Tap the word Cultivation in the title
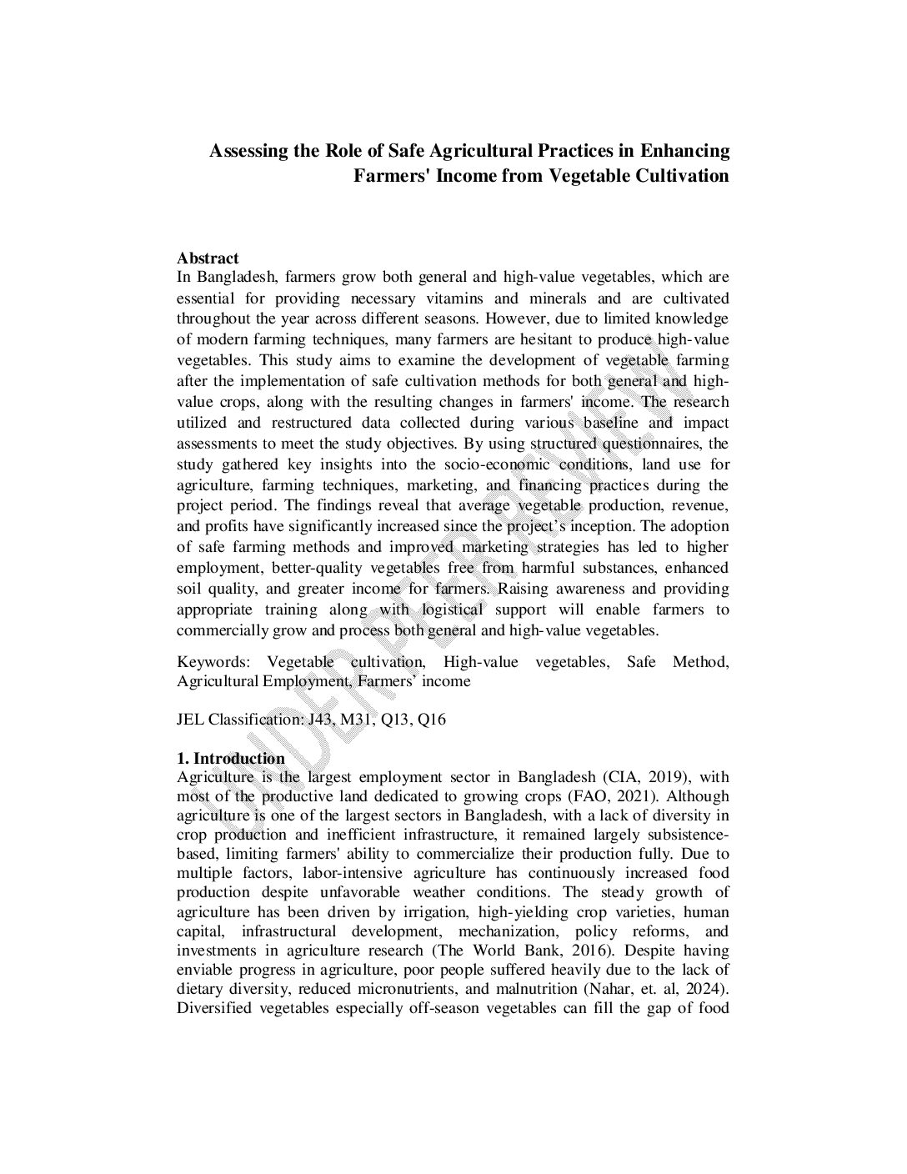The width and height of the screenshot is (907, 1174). [682, 176]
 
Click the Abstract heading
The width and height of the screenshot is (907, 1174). [208, 258]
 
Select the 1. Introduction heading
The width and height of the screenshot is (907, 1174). [230, 758]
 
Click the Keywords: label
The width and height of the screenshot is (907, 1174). [213, 662]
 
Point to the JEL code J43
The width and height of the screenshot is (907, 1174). [320, 719]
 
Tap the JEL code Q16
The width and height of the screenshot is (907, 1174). [432, 719]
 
